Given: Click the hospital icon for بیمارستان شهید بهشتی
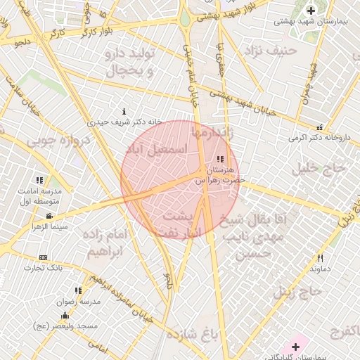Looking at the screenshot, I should coord(311,11).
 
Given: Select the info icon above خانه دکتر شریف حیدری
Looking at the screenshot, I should coord(124,111).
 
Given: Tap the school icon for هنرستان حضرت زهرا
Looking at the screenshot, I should coord(221,160).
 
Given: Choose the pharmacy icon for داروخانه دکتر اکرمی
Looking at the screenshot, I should coord(321,127).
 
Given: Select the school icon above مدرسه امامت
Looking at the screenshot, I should coord(39,180).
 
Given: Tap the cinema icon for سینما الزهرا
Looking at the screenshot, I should coord(49,216).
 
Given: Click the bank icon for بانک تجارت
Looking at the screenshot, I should coord(44,258).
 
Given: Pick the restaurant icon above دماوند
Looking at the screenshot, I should coord(321,258).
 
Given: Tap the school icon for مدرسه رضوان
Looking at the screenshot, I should coord(78,290).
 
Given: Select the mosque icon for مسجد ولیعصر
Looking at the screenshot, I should coord(65,316).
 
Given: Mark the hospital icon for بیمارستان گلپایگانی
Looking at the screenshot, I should coord(295,347).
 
